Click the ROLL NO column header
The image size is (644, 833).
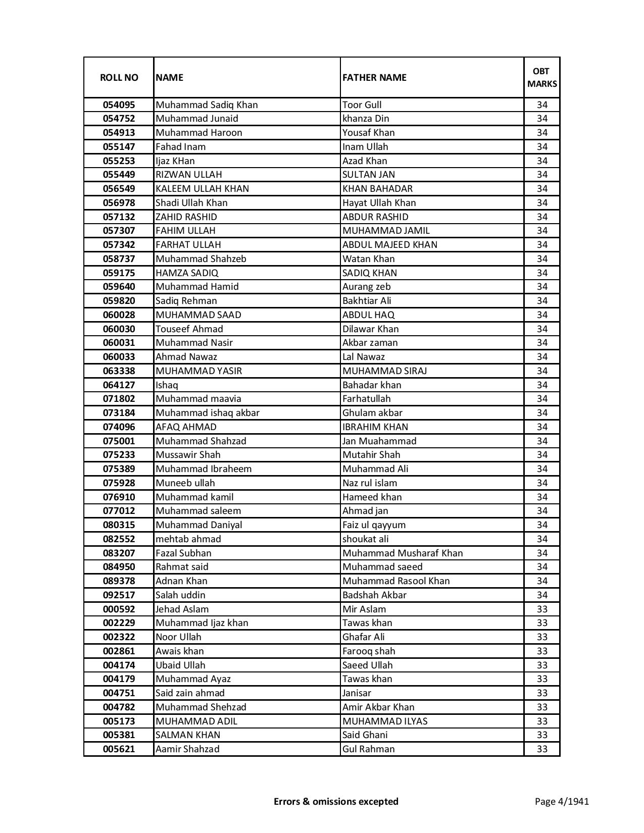click(119, 77)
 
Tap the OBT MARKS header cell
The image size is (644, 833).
click(542, 77)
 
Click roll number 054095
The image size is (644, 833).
click(119, 105)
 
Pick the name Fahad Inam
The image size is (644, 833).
click(180, 147)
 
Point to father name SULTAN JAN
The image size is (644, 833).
click(369, 175)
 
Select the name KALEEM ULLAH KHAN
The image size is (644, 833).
click(202, 189)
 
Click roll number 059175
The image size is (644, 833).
click(119, 273)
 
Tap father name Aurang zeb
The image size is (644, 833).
click(366, 287)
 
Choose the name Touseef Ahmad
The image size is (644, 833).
click(189, 329)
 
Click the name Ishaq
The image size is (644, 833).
click(167, 385)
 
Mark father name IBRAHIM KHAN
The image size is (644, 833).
click(375, 427)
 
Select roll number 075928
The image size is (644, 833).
click(119, 483)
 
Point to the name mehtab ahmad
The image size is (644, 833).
click(188, 539)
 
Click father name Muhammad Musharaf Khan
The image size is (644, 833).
click(402, 553)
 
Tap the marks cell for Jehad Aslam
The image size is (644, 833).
click(542, 609)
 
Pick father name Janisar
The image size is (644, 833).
click(357, 693)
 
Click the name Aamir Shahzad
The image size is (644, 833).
click(187, 749)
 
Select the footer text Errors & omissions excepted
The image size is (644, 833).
click(336, 801)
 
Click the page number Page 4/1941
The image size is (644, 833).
click(562, 801)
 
